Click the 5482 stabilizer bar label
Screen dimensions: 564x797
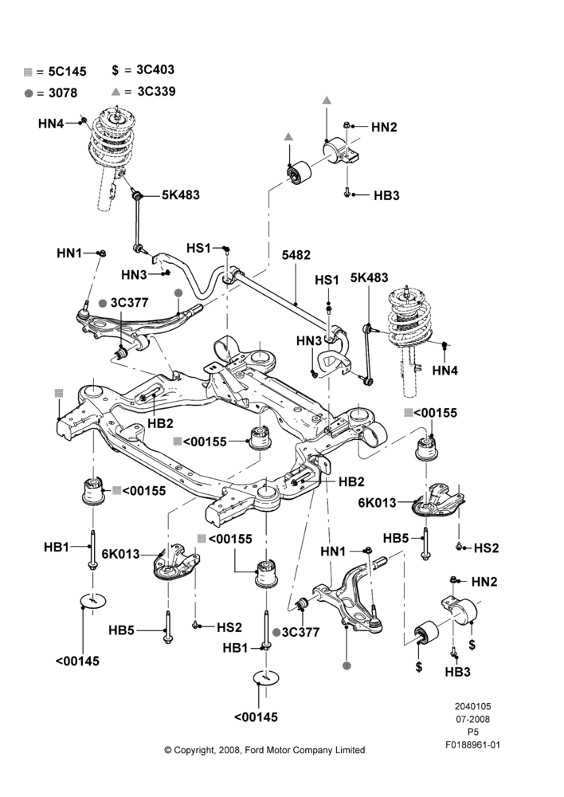point(296,255)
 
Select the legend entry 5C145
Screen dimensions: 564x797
point(67,72)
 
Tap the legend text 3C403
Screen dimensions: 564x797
point(155,69)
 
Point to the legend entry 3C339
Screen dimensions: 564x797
point(156,92)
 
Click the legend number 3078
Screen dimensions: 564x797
point(63,93)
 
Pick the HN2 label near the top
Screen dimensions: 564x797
point(384,127)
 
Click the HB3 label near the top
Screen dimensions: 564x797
point(386,195)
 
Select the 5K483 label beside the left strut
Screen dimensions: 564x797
point(180,194)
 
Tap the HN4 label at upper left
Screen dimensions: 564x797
point(51,124)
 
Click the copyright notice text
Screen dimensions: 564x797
point(264,750)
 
